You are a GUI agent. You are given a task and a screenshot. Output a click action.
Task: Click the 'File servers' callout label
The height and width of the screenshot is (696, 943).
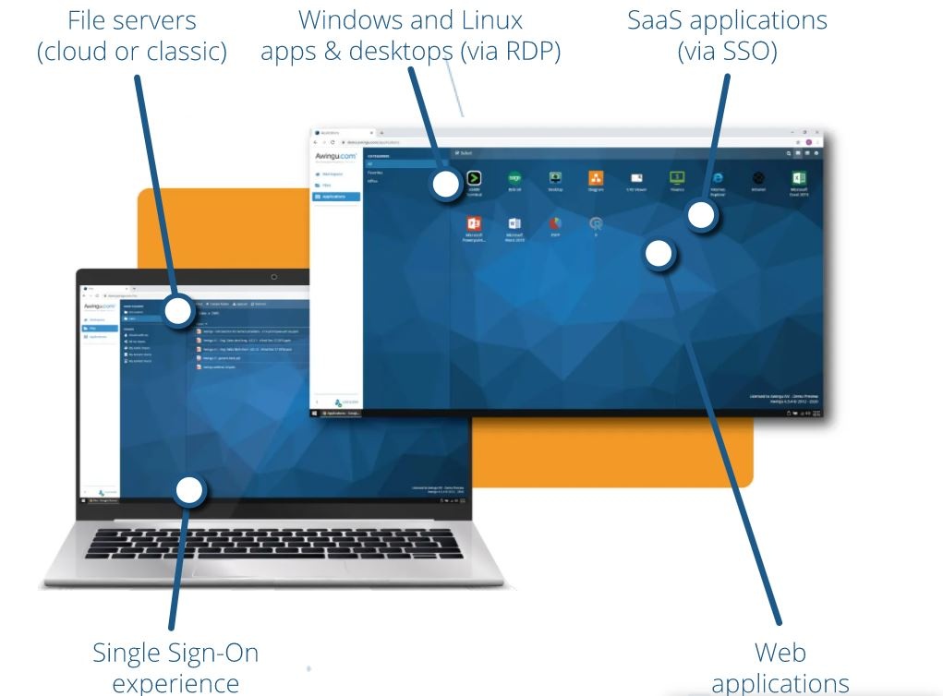(x=132, y=35)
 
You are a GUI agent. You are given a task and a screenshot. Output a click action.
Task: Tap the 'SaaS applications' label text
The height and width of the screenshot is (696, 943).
(x=727, y=35)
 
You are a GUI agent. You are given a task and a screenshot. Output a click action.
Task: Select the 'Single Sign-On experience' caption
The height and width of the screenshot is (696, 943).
(x=175, y=667)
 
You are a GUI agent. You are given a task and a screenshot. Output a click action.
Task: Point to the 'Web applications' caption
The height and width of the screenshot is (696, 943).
(x=780, y=667)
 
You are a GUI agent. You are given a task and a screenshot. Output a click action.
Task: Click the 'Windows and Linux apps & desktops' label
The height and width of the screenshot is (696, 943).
(x=411, y=35)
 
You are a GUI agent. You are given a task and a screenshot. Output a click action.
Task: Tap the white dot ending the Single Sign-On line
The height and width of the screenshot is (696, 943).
(x=189, y=490)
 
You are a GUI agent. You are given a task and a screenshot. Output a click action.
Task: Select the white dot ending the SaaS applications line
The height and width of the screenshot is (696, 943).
(x=703, y=216)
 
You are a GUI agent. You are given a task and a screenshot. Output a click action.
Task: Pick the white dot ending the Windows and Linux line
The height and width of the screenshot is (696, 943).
(x=445, y=186)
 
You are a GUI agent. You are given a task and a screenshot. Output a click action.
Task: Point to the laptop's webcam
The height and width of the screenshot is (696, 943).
(x=273, y=277)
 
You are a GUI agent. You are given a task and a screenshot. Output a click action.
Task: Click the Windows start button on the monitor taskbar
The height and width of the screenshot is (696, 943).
(x=316, y=413)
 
